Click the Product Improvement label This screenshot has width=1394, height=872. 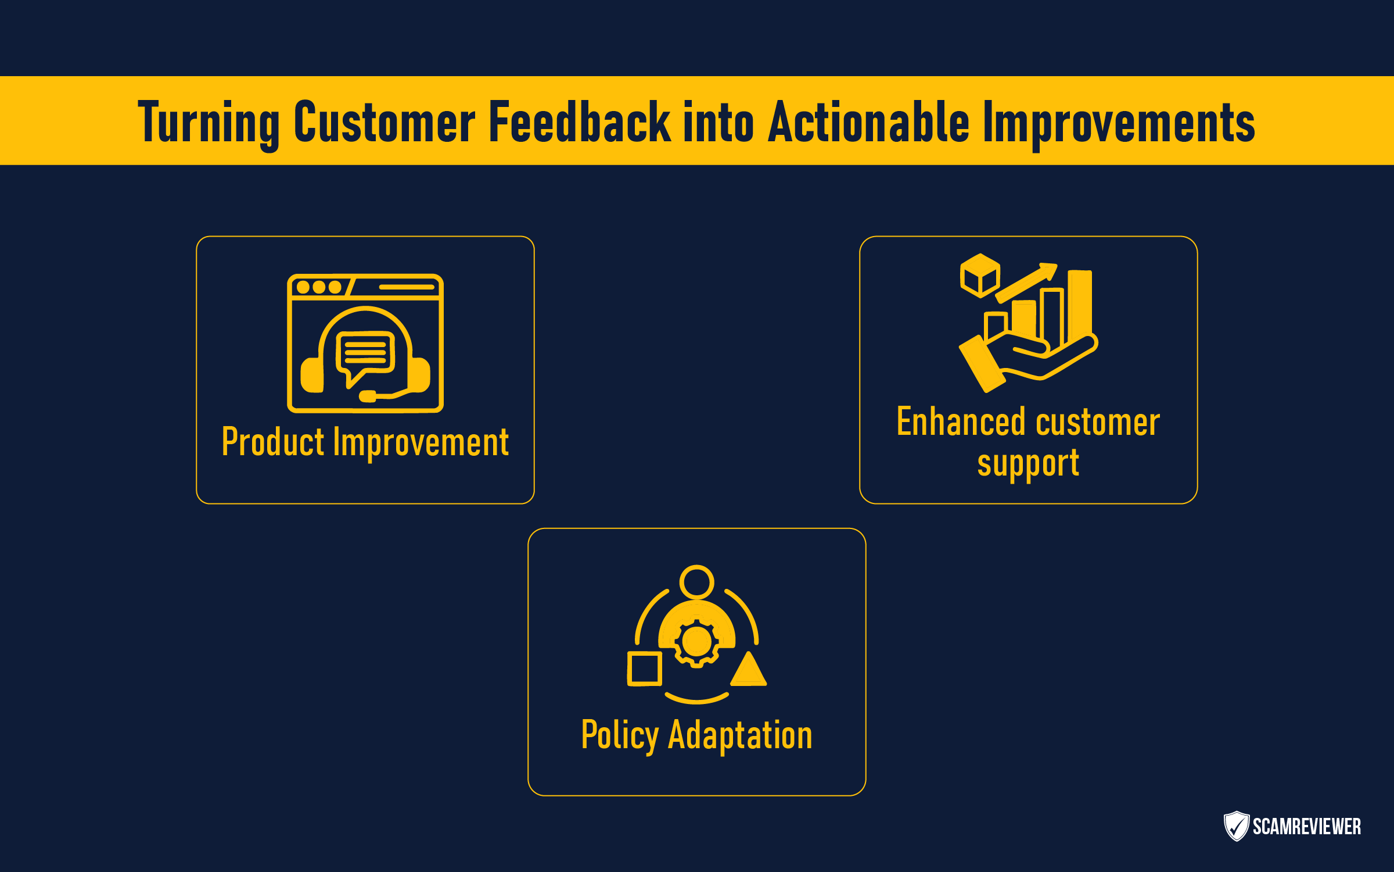pyautogui.click(x=365, y=443)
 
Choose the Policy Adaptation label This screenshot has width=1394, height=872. pyautogui.click(x=696, y=737)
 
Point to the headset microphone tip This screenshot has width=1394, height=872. pyautogui.click(x=368, y=396)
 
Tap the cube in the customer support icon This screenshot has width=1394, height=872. pyautogui.click(x=980, y=276)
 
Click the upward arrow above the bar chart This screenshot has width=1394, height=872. pyautogui.click(x=1027, y=283)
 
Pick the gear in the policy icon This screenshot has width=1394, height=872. pyautogui.click(x=696, y=642)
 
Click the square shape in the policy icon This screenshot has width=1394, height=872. pyautogui.click(x=645, y=669)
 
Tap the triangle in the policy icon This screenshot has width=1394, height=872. pyautogui.click(x=749, y=669)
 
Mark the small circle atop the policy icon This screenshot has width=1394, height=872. pyautogui.click(x=696, y=582)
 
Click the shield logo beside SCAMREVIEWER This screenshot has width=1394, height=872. pyautogui.click(x=1237, y=826)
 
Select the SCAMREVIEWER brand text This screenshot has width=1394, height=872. pyautogui.click(x=1307, y=827)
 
